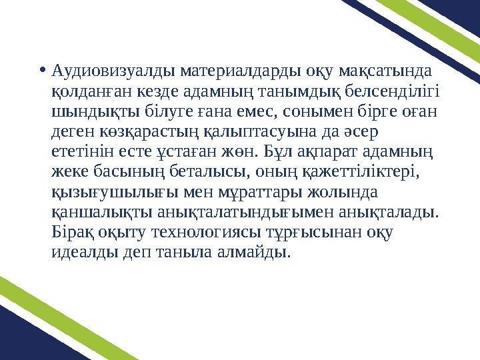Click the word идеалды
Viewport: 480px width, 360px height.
click(84, 251)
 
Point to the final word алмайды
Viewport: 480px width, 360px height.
click(256, 251)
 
